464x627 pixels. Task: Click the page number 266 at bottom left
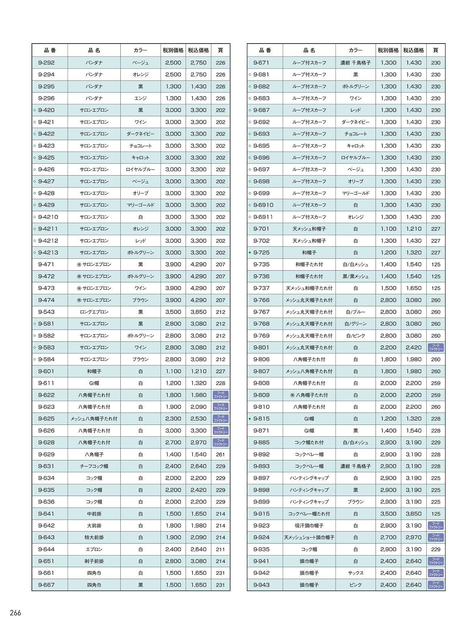pos(16,613)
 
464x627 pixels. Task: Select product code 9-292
pos(46,63)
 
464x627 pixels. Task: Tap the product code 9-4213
pos(48,253)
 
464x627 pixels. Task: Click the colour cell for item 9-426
pos(140,169)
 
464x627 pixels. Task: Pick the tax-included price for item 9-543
pos(198,312)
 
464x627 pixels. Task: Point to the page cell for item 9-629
pos(220,454)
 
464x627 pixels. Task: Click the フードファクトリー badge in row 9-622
pos(220,395)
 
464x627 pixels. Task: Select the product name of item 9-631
pos(94,466)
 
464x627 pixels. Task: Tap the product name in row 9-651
pos(94,561)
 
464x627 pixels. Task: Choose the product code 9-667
pos(46,585)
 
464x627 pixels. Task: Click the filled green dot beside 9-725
pos(250,253)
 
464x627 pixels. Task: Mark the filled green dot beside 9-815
pos(250,419)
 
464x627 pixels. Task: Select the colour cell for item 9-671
pos(355,63)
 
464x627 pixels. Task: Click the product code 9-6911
pos(263,217)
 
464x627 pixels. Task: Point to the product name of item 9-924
pos(309,537)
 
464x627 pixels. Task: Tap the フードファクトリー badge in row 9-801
pos(436,348)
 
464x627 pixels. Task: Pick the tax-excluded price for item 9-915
pos(388,514)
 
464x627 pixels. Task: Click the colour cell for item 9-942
pos(355,573)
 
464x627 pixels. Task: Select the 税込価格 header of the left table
pos(198,50)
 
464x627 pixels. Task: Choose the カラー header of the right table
pos(355,50)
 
